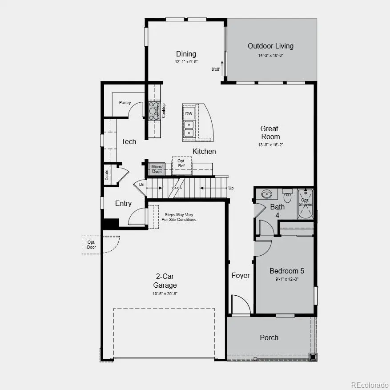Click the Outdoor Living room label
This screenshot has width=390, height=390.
[x=270, y=46]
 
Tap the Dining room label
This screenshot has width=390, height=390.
[x=186, y=54]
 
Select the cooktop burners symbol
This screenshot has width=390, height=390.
[x=154, y=111]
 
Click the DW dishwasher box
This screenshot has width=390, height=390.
[x=189, y=113]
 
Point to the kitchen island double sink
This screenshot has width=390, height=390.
[x=189, y=129]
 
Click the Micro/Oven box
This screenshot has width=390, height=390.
[x=157, y=169]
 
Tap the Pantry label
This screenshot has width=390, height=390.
[x=125, y=103]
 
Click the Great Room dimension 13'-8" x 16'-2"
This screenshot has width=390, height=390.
[x=270, y=145]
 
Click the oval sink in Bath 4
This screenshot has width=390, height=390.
[x=267, y=194]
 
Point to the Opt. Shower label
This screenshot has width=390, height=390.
[x=305, y=202]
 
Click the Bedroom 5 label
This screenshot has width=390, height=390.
[x=287, y=271]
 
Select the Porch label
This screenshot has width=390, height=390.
[x=269, y=338]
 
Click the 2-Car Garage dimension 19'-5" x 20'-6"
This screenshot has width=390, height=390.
[x=165, y=294]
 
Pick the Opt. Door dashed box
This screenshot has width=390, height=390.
[x=91, y=244]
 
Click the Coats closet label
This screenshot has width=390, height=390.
[x=107, y=175]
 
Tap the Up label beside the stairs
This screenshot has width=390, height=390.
[x=231, y=188]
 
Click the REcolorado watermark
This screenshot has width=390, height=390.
[x=369, y=385]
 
